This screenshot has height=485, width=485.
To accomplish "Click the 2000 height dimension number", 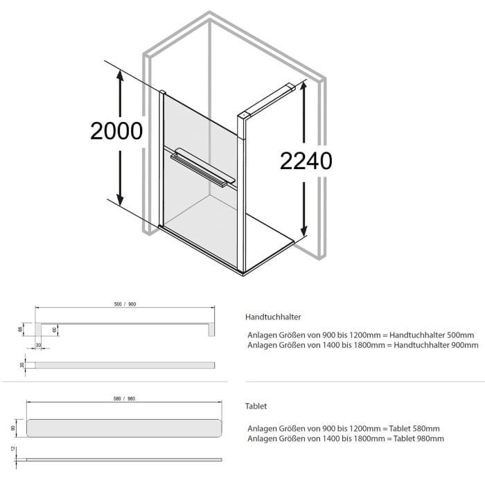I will [116, 131].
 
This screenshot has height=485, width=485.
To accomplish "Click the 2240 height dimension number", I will [306, 161].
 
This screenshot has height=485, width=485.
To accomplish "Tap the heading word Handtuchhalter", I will [273, 317].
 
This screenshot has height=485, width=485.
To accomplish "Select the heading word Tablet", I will [256, 406].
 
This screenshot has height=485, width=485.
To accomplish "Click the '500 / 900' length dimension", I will [125, 304].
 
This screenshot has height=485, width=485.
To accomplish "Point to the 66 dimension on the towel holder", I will [21, 329].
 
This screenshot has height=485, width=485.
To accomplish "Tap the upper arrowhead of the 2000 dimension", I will [120, 77].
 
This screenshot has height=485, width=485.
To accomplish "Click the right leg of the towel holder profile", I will [210, 329].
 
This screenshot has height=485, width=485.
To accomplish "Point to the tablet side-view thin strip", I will [125, 459].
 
